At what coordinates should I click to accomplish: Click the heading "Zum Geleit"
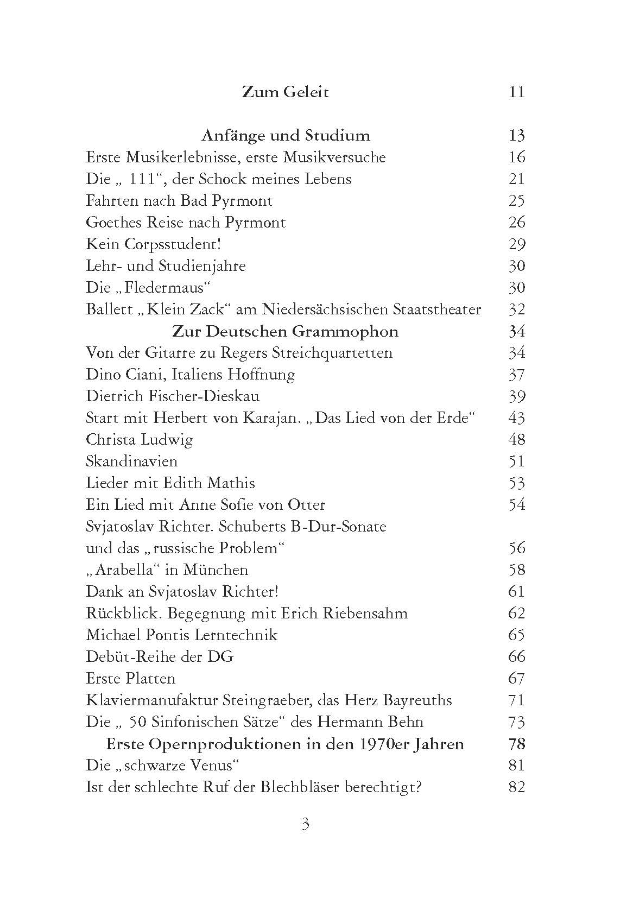click(x=285, y=92)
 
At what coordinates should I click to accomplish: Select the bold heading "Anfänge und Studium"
click(x=286, y=135)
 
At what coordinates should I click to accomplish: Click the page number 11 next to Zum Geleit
click(x=517, y=92)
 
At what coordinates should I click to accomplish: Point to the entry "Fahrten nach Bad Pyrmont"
click(x=179, y=201)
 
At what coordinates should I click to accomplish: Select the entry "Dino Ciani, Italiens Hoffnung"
click(x=190, y=375)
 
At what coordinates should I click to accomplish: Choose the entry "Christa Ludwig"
click(x=139, y=440)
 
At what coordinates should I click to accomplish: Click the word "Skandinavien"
click(x=131, y=461)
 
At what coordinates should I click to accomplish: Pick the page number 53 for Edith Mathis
click(x=517, y=483)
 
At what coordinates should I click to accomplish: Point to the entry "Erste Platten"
click(x=130, y=679)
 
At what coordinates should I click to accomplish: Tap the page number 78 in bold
click(x=517, y=744)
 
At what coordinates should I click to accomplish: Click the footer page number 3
click(x=305, y=825)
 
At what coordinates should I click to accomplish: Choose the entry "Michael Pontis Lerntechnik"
click(x=181, y=635)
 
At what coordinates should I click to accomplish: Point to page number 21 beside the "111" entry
click(x=517, y=179)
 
